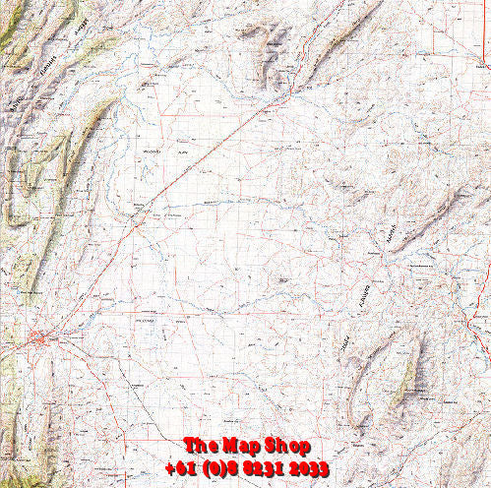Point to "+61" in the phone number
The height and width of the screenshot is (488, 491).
(x=181, y=467)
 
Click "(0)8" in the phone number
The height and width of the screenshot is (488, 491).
(x=221, y=467)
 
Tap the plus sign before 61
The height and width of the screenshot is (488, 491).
(x=169, y=467)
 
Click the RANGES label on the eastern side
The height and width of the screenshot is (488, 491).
(x=391, y=236)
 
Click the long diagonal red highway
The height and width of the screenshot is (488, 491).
(x=197, y=157)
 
